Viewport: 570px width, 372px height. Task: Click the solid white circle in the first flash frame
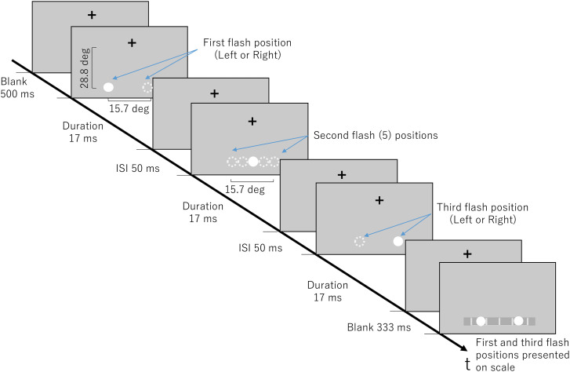109,88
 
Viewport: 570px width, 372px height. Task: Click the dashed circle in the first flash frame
147,88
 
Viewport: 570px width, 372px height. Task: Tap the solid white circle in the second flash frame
252,162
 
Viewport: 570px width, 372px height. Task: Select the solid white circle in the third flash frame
398,241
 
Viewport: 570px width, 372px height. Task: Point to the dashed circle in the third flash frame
360,242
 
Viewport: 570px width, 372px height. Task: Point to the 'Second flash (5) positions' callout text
374,135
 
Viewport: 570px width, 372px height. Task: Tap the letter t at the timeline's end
468,363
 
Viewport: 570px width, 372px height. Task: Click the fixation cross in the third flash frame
379,201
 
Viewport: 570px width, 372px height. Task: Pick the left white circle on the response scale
481,320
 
